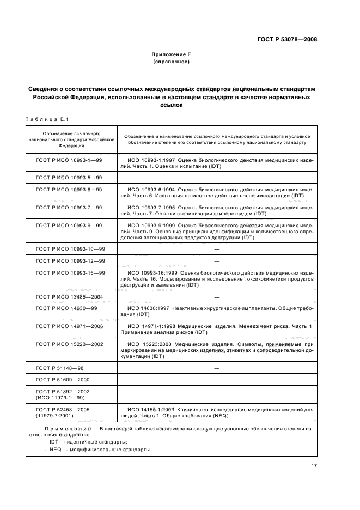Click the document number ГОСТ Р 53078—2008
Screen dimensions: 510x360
pyautogui.click(x=286, y=39)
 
